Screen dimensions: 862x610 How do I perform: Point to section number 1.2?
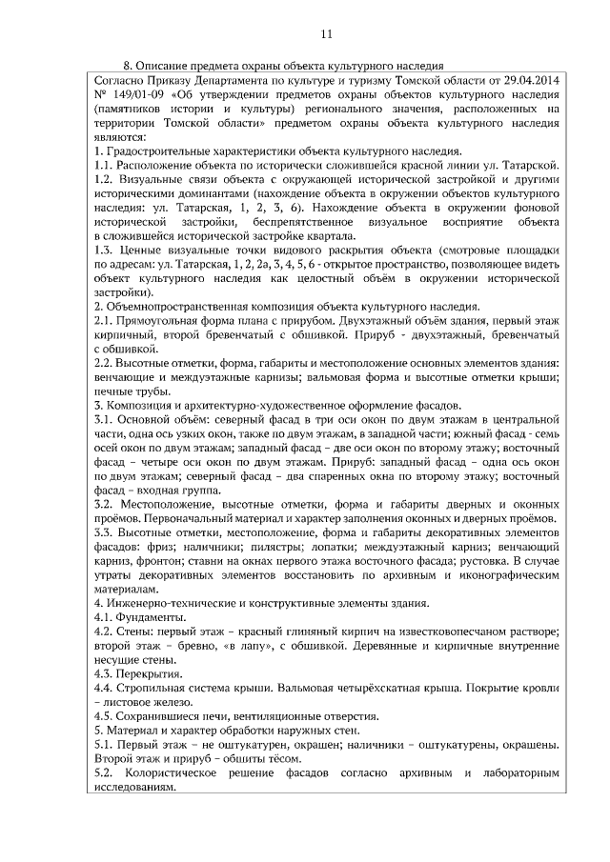(104, 180)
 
